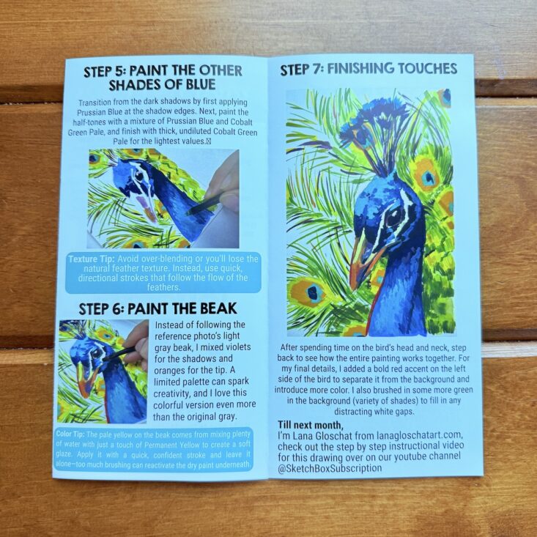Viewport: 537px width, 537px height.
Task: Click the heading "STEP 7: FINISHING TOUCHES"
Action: click(x=369, y=69)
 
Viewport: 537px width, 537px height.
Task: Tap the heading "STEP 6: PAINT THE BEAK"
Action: click(x=158, y=308)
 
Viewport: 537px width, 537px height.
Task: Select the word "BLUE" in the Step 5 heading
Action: click(x=201, y=84)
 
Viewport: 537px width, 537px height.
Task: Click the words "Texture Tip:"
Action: click(x=92, y=259)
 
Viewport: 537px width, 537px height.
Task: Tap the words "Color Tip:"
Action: click(x=70, y=434)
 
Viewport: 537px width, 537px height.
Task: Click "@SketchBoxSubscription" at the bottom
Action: click(x=330, y=469)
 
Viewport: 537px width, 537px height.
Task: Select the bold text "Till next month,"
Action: click(x=310, y=425)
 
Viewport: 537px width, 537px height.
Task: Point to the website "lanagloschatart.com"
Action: click(x=419, y=435)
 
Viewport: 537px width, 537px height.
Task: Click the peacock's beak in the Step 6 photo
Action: click(x=84, y=379)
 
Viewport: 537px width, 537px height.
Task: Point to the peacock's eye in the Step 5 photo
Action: click(x=139, y=176)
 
